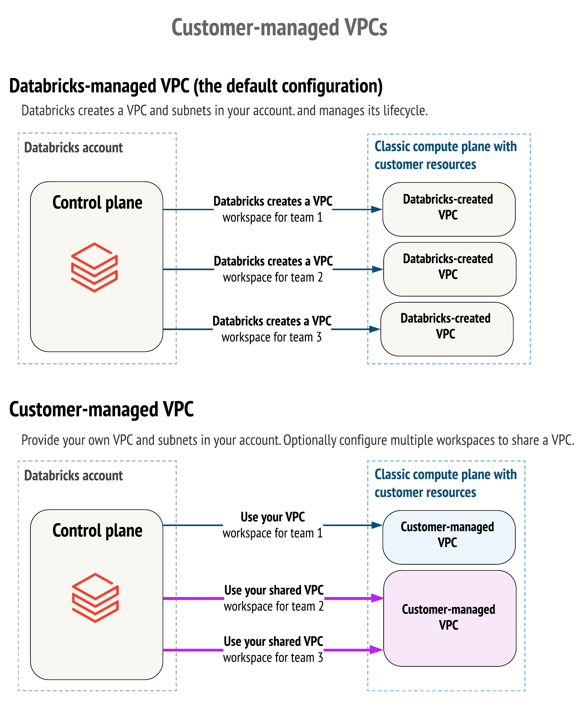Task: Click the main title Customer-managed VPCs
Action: click(x=279, y=27)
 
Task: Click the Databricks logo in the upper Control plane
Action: click(x=94, y=267)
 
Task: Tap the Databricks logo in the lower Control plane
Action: click(x=95, y=597)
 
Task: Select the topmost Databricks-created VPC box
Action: click(x=448, y=209)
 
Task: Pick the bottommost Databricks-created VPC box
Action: click(x=446, y=329)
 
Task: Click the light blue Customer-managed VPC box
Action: click(x=448, y=537)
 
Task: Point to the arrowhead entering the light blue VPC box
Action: click(x=376, y=525)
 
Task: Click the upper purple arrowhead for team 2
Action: click(x=377, y=598)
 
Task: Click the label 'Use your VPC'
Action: click(x=272, y=517)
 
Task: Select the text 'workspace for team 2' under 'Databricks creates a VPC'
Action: click(x=273, y=277)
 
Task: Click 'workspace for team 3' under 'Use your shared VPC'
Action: click(x=273, y=658)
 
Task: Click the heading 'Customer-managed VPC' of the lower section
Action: click(x=101, y=409)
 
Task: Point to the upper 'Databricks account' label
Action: click(x=73, y=147)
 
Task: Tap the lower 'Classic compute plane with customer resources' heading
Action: click(x=445, y=483)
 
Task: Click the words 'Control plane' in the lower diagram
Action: click(x=97, y=531)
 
